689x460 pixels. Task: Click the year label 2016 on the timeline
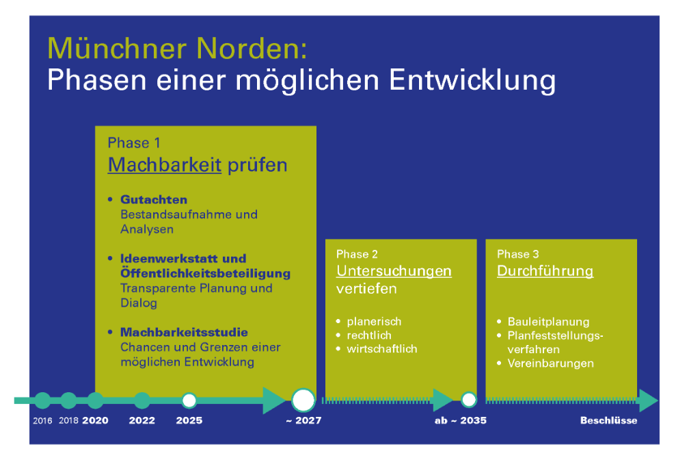coord(42,421)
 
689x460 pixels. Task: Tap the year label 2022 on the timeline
coord(142,420)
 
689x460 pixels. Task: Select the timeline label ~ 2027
coord(303,420)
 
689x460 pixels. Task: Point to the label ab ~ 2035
coord(461,420)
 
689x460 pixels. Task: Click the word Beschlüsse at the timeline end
coord(608,420)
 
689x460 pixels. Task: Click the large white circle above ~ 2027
coord(303,400)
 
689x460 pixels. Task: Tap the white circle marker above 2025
coord(189,400)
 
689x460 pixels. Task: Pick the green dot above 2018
coord(68,400)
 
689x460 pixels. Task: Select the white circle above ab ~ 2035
coord(469,400)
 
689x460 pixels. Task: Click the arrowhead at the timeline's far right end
coord(649,400)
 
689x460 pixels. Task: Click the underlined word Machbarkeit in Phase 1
coord(164,165)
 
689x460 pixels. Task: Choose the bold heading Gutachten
coord(154,200)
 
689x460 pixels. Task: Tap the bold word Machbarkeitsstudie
coord(184,333)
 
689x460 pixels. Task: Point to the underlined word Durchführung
coord(545,270)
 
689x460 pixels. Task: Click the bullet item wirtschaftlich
coord(382,349)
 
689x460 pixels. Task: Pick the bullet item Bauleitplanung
coord(548,322)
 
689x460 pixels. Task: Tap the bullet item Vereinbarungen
coord(551,363)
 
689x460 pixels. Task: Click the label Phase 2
coord(357,255)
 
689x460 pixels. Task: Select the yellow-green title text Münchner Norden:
coord(177,49)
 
